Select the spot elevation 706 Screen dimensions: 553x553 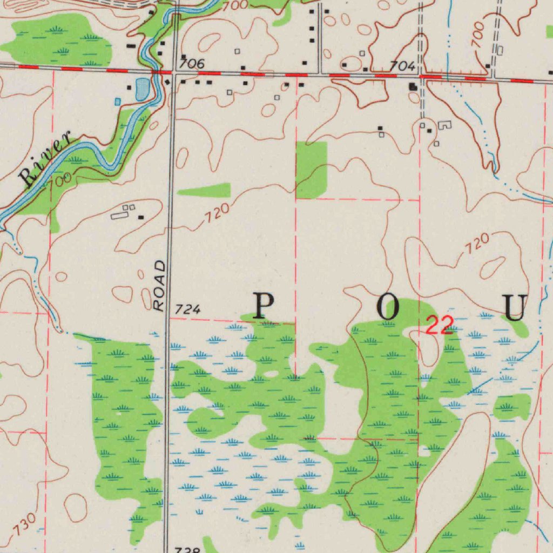[192, 64]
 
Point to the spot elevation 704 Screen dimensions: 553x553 [403, 66]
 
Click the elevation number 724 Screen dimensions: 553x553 [188, 309]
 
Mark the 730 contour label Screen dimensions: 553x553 [25, 524]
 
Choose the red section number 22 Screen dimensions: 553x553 [439, 325]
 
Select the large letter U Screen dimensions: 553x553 [515, 307]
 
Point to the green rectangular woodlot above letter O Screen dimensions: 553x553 [312, 170]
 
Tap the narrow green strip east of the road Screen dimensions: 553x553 [204, 191]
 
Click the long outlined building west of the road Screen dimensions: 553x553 [120, 215]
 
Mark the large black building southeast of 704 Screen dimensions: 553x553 [414, 86]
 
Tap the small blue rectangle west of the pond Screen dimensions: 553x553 [118, 101]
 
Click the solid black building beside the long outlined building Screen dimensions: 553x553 [141, 218]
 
